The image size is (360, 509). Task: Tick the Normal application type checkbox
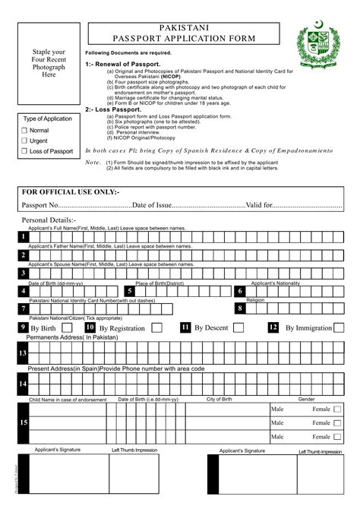coord(24,131)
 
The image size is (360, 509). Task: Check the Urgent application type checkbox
coord(24,141)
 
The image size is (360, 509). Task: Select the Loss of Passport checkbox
coord(24,151)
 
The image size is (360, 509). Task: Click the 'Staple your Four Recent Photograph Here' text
coord(49,64)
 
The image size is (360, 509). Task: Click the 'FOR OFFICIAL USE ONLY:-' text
coord(70,192)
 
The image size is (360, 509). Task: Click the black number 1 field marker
coord(23,237)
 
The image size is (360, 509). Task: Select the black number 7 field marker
coord(23,309)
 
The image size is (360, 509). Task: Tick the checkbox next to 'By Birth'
coord(71,327)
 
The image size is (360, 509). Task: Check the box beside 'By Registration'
coord(156,327)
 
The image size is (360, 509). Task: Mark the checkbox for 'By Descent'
coord(238,327)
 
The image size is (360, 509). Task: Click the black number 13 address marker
coord(23,353)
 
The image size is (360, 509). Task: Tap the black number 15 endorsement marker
coord(23,422)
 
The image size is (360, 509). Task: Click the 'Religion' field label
coord(276,301)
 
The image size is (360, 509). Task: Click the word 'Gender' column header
coord(306,399)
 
